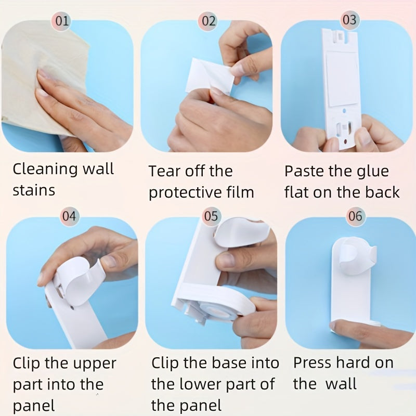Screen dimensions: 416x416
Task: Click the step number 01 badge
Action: click(x=62, y=21)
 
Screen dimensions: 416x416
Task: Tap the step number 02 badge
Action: click(x=209, y=21)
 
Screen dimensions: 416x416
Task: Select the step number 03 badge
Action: click(x=349, y=20)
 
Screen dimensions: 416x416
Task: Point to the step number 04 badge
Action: click(x=70, y=215)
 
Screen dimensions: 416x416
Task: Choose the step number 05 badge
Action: click(x=211, y=216)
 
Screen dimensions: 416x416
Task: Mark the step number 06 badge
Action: click(x=355, y=216)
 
